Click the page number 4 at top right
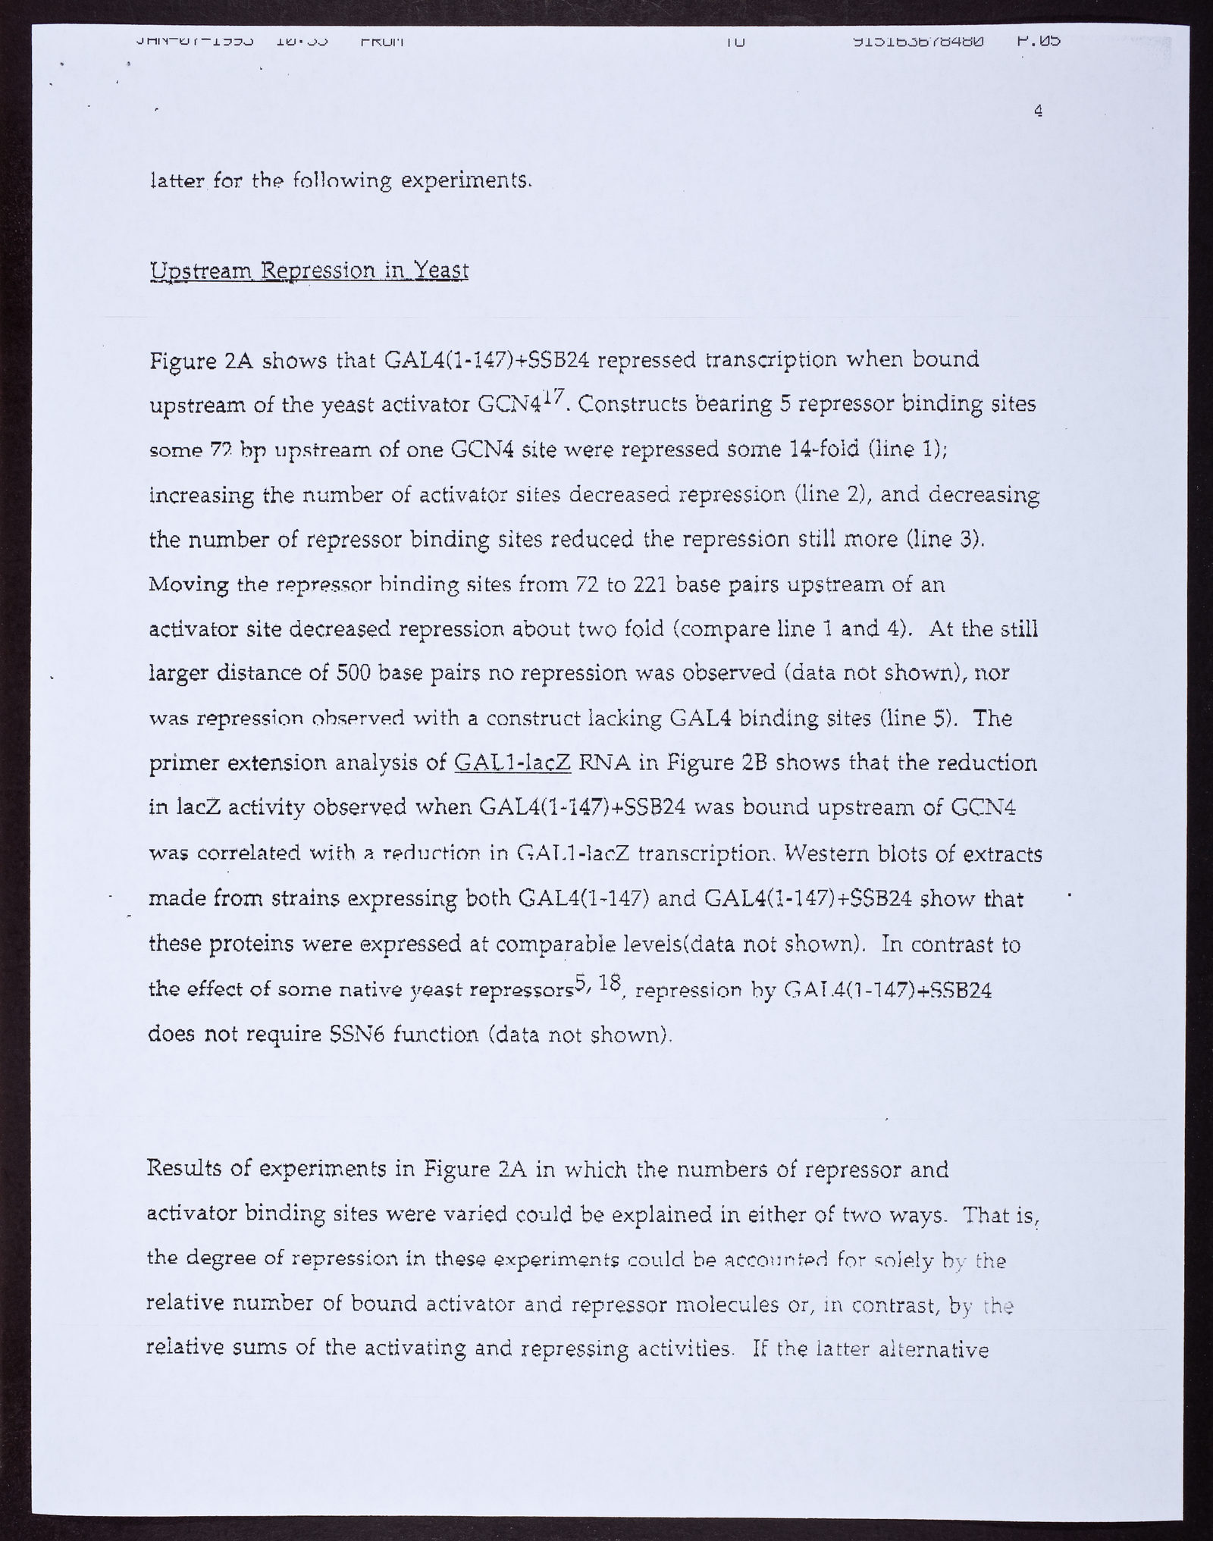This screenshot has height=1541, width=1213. [1038, 111]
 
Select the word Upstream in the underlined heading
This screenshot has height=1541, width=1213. [200, 271]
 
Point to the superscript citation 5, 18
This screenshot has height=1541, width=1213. [598, 983]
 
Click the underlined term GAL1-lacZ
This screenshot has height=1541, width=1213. [511, 763]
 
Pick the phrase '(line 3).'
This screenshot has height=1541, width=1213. [945, 539]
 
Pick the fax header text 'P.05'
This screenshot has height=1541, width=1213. [1038, 40]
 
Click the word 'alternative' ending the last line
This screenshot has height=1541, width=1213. [940, 1350]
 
